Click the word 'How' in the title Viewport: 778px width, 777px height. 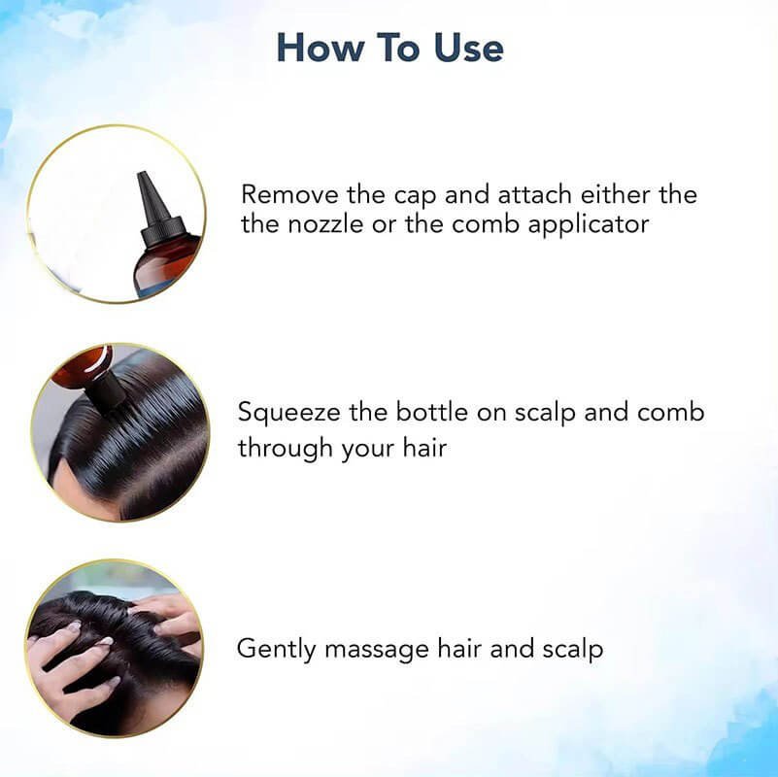pyautogui.click(x=320, y=48)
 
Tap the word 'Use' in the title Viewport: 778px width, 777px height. pyautogui.click(x=469, y=48)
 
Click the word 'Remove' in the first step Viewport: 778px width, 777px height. pyautogui.click(x=289, y=194)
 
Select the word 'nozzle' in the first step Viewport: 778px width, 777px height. pyautogui.click(x=326, y=224)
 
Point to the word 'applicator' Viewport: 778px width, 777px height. pyautogui.click(x=589, y=225)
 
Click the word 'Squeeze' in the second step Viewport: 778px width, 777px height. pyautogui.click(x=289, y=414)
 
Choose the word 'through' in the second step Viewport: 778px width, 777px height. pyautogui.click(x=286, y=449)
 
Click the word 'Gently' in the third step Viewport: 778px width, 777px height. pyautogui.click(x=277, y=650)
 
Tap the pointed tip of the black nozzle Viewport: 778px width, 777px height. pyautogui.click(x=142, y=173)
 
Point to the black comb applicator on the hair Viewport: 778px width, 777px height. pyautogui.click(x=105, y=392)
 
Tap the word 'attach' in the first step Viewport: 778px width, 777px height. pyautogui.click(x=535, y=194)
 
